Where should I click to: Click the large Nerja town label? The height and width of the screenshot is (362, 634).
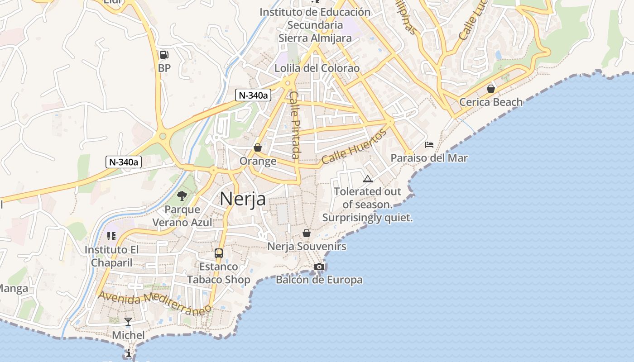coord(242,199)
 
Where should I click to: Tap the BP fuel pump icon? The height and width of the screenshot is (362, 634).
coord(164,55)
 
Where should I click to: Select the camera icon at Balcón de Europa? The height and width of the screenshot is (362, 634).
coord(319,267)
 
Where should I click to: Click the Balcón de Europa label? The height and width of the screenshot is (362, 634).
coord(319,280)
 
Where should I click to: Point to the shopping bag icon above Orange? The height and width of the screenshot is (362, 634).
coord(258,148)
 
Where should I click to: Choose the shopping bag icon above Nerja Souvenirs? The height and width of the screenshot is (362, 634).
coord(307,233)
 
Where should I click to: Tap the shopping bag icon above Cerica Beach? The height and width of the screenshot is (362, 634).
coord(490,88)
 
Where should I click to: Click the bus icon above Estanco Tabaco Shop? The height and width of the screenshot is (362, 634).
coord(219,253)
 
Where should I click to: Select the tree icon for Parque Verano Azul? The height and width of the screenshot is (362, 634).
coord(182,196)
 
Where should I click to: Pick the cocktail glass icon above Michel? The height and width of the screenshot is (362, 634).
coord(128,322)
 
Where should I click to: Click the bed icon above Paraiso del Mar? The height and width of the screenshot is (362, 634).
coord(429,145)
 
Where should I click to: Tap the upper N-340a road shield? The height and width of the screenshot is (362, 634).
coord(253,95)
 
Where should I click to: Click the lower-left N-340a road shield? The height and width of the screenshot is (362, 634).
coord(124,162)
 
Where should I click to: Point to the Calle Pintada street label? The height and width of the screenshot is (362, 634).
coord(295,125)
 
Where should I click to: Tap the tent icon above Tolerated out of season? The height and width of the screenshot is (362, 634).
coord(367,179)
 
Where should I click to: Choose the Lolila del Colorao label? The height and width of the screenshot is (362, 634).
coord(317,68)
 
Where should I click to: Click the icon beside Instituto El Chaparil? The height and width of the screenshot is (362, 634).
coord(111,236)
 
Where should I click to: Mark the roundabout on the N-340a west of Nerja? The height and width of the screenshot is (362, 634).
coord(163,136)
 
